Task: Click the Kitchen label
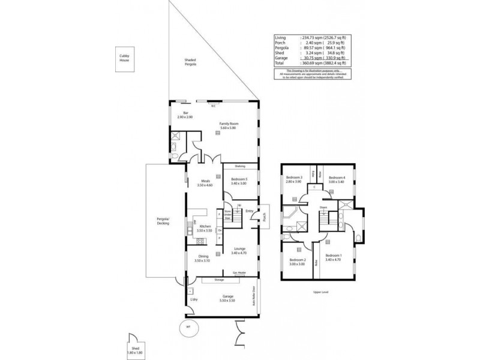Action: coord(205,228)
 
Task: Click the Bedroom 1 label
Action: coord(333,258)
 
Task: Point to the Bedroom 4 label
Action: coord(337,180)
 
